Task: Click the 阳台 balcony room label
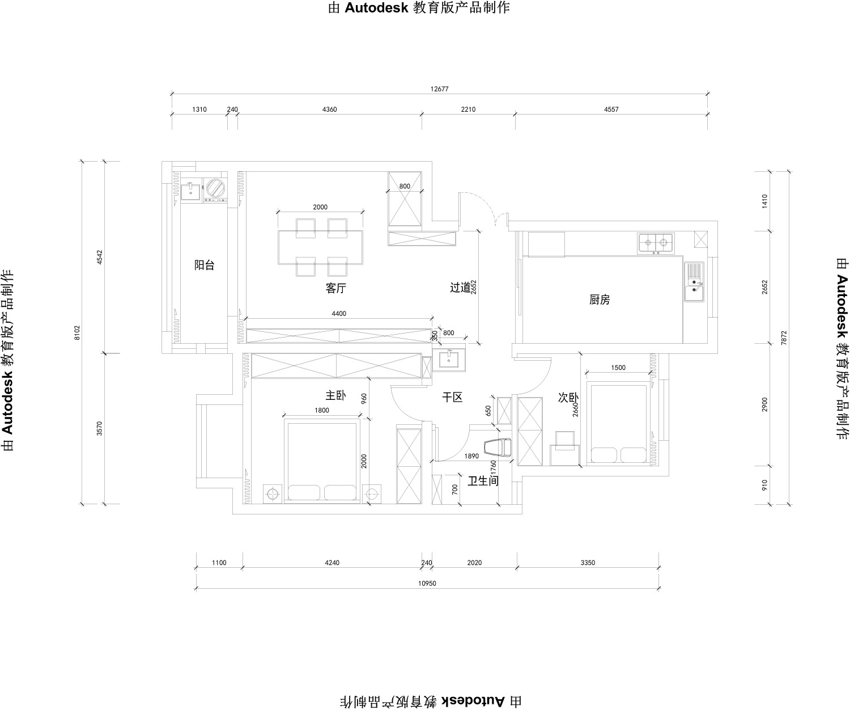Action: (205, 265)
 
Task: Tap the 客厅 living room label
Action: (336, 289)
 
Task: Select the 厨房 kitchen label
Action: (600, 300)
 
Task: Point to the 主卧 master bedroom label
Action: (336, 395)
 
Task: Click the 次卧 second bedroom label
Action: (568, 398)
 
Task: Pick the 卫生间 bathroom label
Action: (483, 481)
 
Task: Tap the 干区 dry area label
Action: (452, 397)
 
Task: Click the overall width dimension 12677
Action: (439, 89)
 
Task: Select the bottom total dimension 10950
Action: (427, 584)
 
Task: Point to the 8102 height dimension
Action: (77, 333)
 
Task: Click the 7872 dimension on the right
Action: (784, 338)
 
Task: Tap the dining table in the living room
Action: (320, 247)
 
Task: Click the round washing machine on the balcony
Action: (216, 188)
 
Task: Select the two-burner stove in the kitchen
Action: (656, 244)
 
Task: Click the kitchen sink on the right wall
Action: (694, 281)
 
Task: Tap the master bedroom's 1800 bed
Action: (322, 461)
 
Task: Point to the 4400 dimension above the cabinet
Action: (339, 314)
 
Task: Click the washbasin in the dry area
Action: (449, 360)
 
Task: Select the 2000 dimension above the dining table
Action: (320, 207)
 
